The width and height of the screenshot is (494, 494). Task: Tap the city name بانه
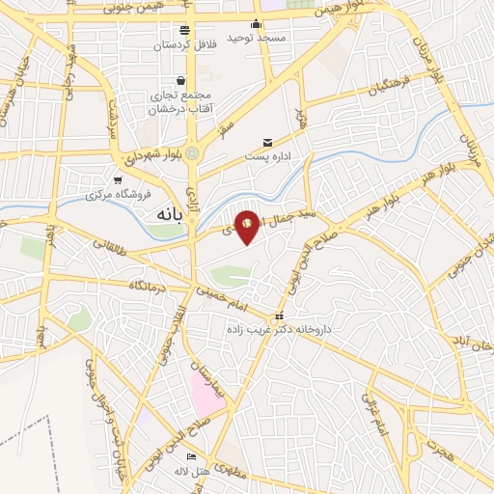click(x=164, y=216)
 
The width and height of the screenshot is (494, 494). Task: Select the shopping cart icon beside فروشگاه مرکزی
click(x=118, y=179)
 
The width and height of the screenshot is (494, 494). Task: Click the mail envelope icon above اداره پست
click(x=267, y=142)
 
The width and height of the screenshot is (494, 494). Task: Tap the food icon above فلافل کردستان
click(x=185, y=30)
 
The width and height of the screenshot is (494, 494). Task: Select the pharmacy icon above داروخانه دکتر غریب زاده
click(x=279, y=316)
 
